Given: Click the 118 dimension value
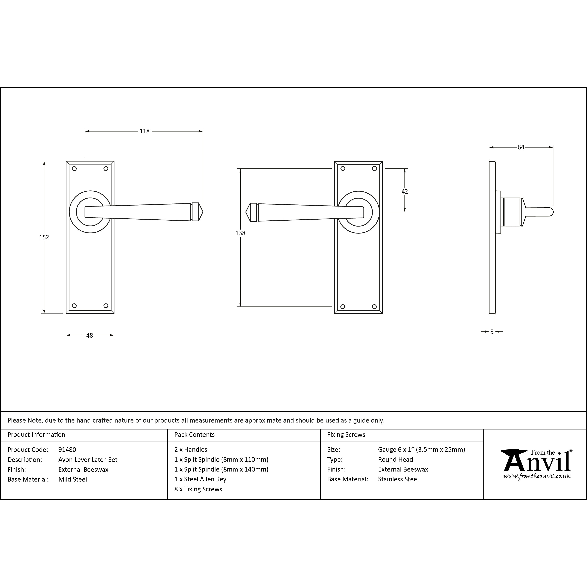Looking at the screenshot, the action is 145,131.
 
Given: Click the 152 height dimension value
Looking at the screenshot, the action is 44,237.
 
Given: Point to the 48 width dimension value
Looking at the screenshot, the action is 90,335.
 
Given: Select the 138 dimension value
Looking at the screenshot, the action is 240,233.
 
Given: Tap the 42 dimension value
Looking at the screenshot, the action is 405,191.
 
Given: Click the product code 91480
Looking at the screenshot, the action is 67,450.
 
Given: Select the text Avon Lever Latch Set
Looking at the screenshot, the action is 88,460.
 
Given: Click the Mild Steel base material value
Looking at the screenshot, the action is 73,480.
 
